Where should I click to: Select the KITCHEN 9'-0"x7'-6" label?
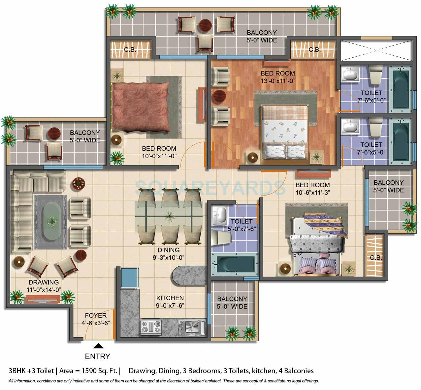pos(170,301)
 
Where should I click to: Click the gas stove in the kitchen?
pos(151,327)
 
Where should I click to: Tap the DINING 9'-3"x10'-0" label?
pos(168,254)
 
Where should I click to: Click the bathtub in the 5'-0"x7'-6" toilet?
pos(235,264)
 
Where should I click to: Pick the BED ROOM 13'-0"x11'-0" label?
pos(277,76)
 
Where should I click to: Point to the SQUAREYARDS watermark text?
pos(210,187)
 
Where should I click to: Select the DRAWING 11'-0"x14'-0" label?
pos(43,286)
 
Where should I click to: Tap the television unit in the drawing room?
pos(43,299)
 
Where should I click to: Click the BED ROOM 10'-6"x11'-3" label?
pos(312,189)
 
